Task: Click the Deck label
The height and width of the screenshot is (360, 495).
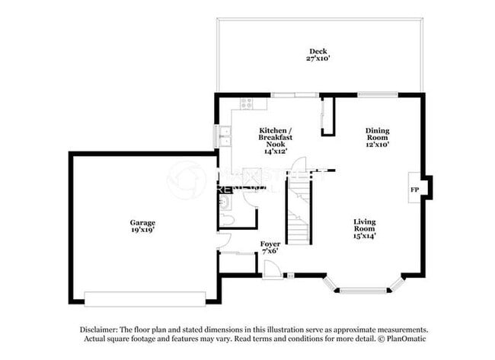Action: point(318,51)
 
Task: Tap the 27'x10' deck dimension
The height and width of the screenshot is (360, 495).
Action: point(318,59)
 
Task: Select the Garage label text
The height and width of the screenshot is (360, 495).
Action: point(142,222)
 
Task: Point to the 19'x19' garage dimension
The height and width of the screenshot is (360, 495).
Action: point(142,230)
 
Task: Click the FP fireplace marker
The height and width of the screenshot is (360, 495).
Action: point(415,189)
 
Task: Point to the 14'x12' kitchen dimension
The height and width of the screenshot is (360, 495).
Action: point(275,151)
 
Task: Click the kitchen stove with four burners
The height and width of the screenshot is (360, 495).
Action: point(247,102)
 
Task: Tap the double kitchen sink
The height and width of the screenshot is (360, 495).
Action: point(223,138)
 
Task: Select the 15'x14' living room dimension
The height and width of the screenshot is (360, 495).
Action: point(364,235)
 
